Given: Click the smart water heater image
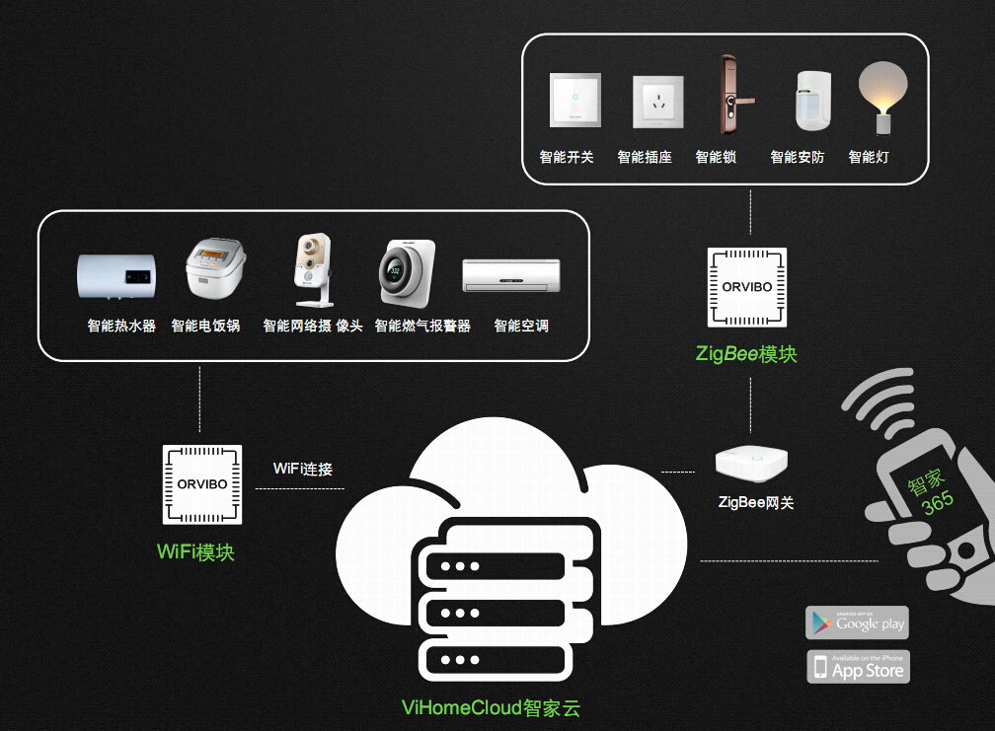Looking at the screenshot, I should pos(115,275).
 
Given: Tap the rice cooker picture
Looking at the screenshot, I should pos(214,269).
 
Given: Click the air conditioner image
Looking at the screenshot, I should pos(510,275).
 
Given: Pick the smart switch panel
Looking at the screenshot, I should pos(575,102).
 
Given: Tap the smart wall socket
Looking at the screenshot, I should pos(657,103).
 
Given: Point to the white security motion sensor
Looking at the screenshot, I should pos(811,102).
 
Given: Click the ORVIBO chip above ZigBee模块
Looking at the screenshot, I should pos(747,287).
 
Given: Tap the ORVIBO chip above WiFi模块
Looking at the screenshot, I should pos(201,484).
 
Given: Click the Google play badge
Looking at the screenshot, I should pos(857,622).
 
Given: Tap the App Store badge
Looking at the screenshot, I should pos(858,668).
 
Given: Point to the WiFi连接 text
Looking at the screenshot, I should pos(303,469).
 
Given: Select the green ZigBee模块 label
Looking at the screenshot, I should pos(746,354).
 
